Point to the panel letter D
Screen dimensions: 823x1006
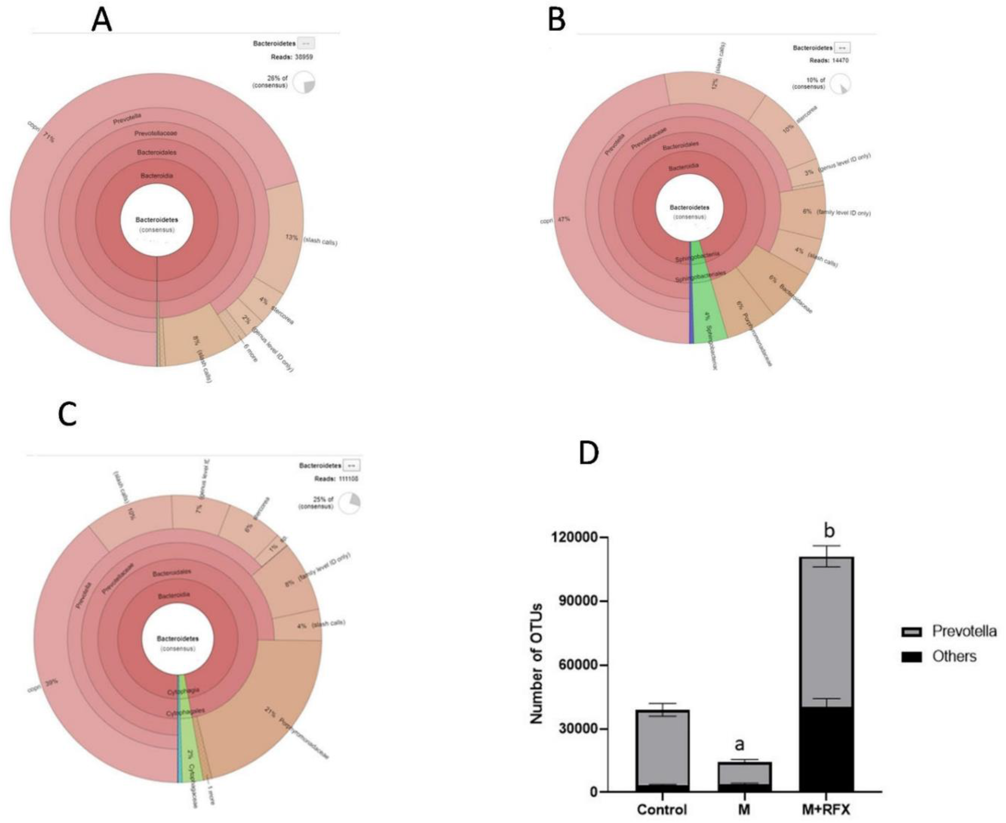(x=589, y=453)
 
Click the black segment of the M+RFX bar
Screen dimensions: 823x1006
(x=826, y=749)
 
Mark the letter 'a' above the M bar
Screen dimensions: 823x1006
(x=740, y=745)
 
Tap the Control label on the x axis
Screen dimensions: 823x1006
(x=662, y=809)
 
